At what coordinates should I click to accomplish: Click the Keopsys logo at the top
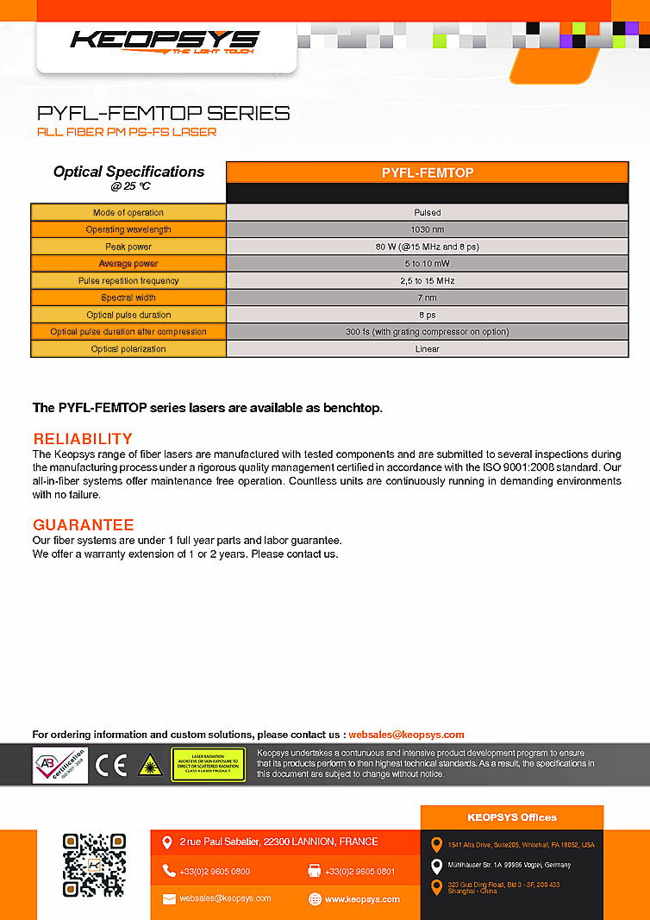coord(165,41)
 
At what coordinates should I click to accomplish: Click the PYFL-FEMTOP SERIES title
coord(164,113)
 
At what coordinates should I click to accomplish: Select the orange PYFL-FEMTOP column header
coord(428,172)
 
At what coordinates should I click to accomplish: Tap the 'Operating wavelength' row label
coord(128,229)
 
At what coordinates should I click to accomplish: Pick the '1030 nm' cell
coord(428,229)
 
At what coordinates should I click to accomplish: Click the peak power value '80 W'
coord(428,247)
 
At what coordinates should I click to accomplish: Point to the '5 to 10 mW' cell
coord(428,264)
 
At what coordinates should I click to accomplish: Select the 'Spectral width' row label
coord(128,297)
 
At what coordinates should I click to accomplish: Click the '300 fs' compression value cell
coord(428,332)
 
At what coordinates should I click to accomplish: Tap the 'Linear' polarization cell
coord(428,349)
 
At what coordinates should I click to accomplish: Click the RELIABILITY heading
coord(83,439)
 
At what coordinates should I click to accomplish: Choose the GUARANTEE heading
coord(84,525)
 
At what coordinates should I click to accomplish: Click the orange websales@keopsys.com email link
coord(406,735)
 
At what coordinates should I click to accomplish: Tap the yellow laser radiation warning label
coord(209,765)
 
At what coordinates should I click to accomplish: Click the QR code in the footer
coord(94,864)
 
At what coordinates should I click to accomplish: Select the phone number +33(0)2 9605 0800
coord(215,872)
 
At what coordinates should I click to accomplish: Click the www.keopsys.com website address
coord(362,898)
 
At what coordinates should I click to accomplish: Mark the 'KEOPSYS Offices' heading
coord(512,817)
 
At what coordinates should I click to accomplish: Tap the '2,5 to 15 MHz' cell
coord(428,281)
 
